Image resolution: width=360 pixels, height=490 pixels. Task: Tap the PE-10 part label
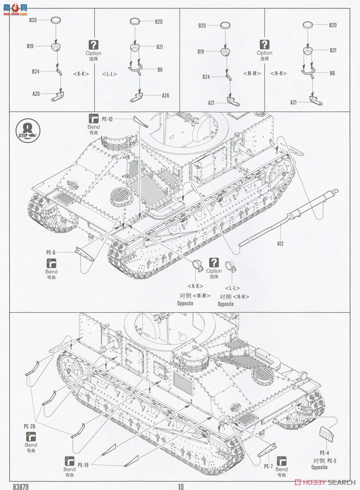(x=107, y=119)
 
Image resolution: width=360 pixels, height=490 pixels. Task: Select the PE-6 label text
(x=51, y=252)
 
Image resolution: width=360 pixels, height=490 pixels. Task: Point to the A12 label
(x=280, y=244)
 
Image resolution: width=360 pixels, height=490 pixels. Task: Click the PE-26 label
(x=30, y=426)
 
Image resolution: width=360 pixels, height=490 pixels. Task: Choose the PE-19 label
(x=83, y=464)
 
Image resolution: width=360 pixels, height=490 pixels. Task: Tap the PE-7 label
(x=268, y=466)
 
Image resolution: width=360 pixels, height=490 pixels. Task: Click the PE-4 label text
(x=324, y=452)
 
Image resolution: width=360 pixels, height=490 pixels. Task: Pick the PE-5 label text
(x=331, y=460)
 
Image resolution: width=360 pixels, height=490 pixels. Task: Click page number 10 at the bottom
(x=181, y=486)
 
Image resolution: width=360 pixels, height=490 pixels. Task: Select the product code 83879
(x=21, y=486)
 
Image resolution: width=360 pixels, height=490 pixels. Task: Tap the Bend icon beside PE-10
(x=93, y=118)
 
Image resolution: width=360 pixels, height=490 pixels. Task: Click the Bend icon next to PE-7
(x=282, y=461)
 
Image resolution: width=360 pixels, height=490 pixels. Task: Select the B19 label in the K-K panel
(x=30, y=46)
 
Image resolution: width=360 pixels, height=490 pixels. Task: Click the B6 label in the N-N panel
(x=332, y=73)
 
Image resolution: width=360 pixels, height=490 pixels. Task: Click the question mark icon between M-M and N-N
(x=265, y=45)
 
